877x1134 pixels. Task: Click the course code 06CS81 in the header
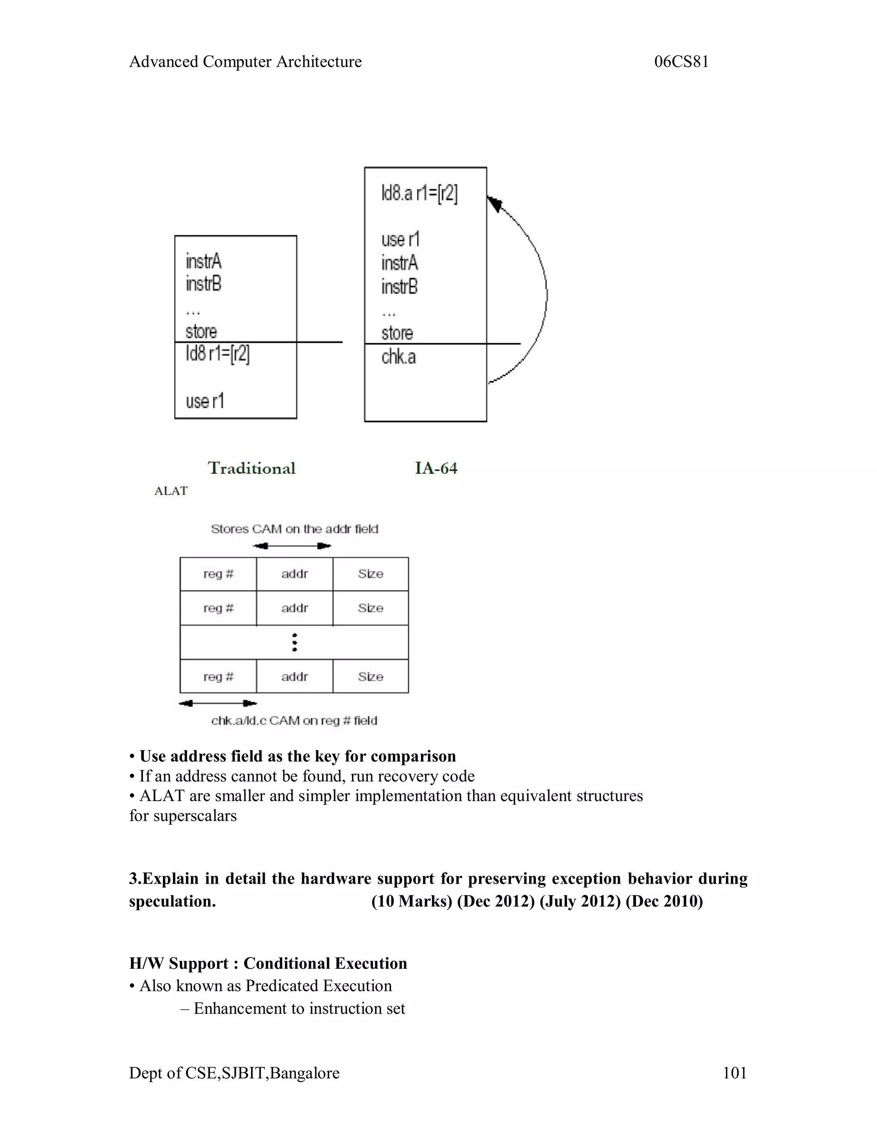pos(681,62)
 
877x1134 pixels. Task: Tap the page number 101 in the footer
pos(735,1073)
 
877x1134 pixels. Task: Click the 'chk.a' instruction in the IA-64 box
pos(399,357)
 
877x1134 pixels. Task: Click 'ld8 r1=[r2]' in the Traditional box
pos(218,354)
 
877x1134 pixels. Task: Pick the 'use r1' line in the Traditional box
pos(205,401)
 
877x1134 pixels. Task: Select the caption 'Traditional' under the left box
pos(251,468)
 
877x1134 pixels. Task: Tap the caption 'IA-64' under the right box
pos(436,468)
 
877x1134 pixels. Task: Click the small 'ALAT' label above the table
pos(171,491)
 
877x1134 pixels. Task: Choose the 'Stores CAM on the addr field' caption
pos(295,529)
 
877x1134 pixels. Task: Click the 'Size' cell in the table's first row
pos(370,574)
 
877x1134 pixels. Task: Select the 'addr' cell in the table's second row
pos(295,608)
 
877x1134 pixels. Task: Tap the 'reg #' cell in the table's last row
pos(218,677)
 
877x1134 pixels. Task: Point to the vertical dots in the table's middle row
pos(295,642)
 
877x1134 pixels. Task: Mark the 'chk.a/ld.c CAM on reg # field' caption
pos(294,721)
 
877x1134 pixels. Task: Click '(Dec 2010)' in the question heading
pos(664,901)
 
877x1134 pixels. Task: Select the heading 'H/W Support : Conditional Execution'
pos(268,963)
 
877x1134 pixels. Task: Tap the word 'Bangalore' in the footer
pos(304,1073)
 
